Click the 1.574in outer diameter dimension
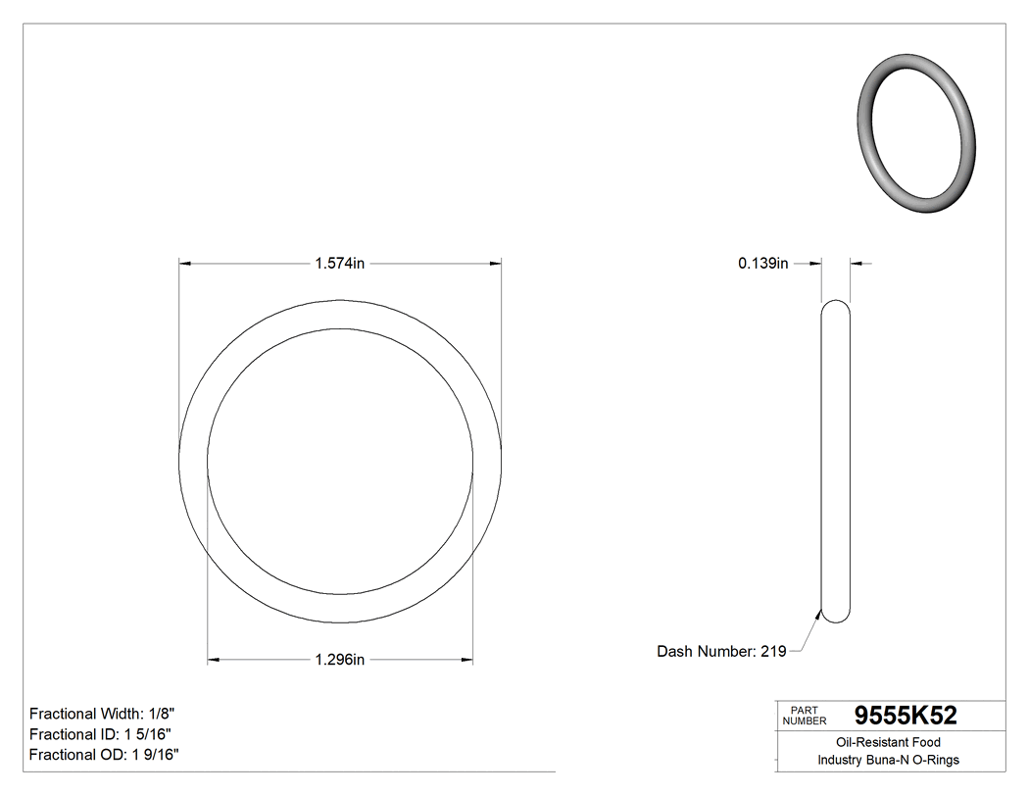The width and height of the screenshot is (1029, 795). point(339,264)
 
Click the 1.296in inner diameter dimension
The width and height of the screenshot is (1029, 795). point(339,660)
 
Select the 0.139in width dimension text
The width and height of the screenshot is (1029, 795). point(762,264)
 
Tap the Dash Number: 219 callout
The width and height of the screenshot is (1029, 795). point(721,651)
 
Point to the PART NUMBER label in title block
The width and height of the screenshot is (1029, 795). point(805,716)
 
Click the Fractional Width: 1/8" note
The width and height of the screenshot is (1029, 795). point(102,714)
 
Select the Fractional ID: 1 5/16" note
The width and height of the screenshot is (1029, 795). point(103,734)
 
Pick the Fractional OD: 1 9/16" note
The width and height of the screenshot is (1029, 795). point(104,754)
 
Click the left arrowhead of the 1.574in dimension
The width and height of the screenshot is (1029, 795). point(184,264)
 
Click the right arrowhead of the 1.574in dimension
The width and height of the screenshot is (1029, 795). point(495,264)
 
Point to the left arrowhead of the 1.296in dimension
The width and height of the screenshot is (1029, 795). point(214,660)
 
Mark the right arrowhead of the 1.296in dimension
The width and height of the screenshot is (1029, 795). point(466,660)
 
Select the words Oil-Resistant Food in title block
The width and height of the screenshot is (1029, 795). point(889,742)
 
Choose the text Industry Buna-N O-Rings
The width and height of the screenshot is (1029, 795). point(889,760)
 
